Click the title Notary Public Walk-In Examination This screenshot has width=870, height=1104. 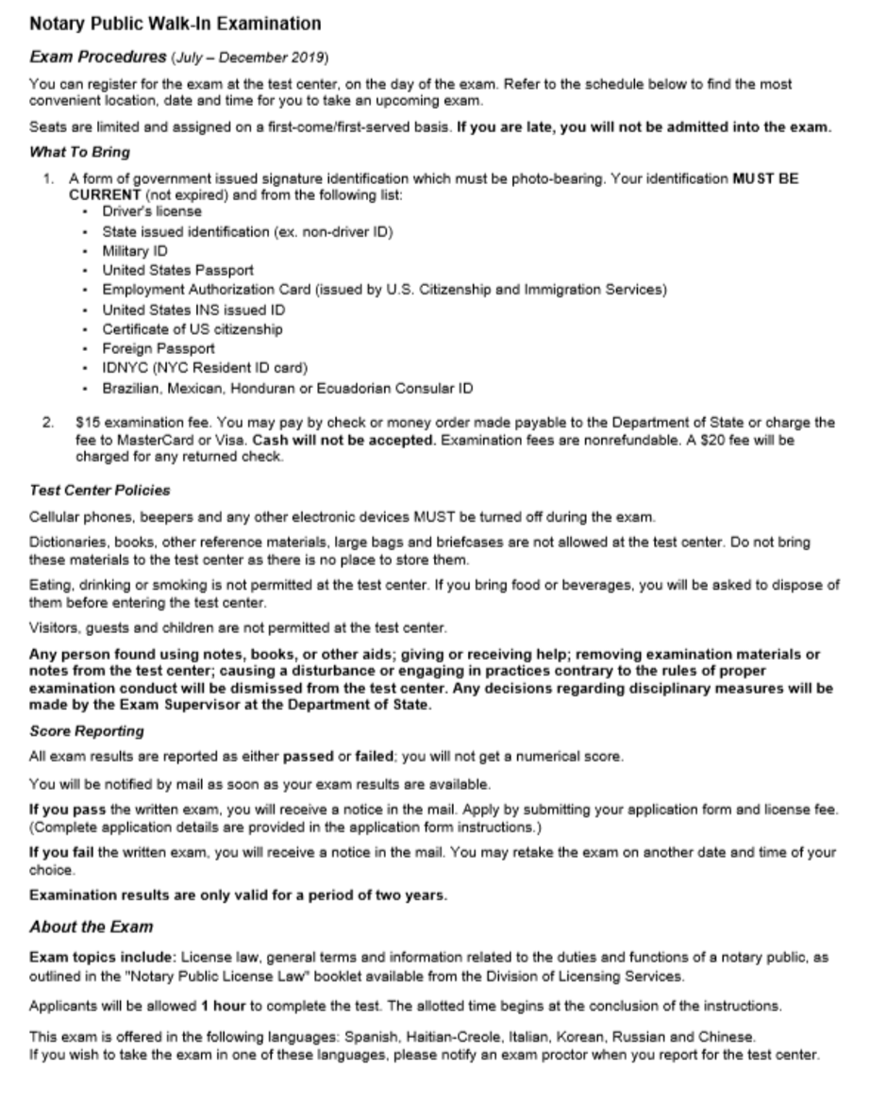(x=175, y=24)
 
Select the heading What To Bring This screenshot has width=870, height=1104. (x=79, y=151)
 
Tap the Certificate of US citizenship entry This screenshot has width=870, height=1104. (x=192, y=329)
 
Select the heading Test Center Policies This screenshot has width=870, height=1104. (x=100, y=491)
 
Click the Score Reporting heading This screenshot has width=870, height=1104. (x=86, y=731)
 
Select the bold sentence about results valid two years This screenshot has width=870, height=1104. (x=238, y=895)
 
